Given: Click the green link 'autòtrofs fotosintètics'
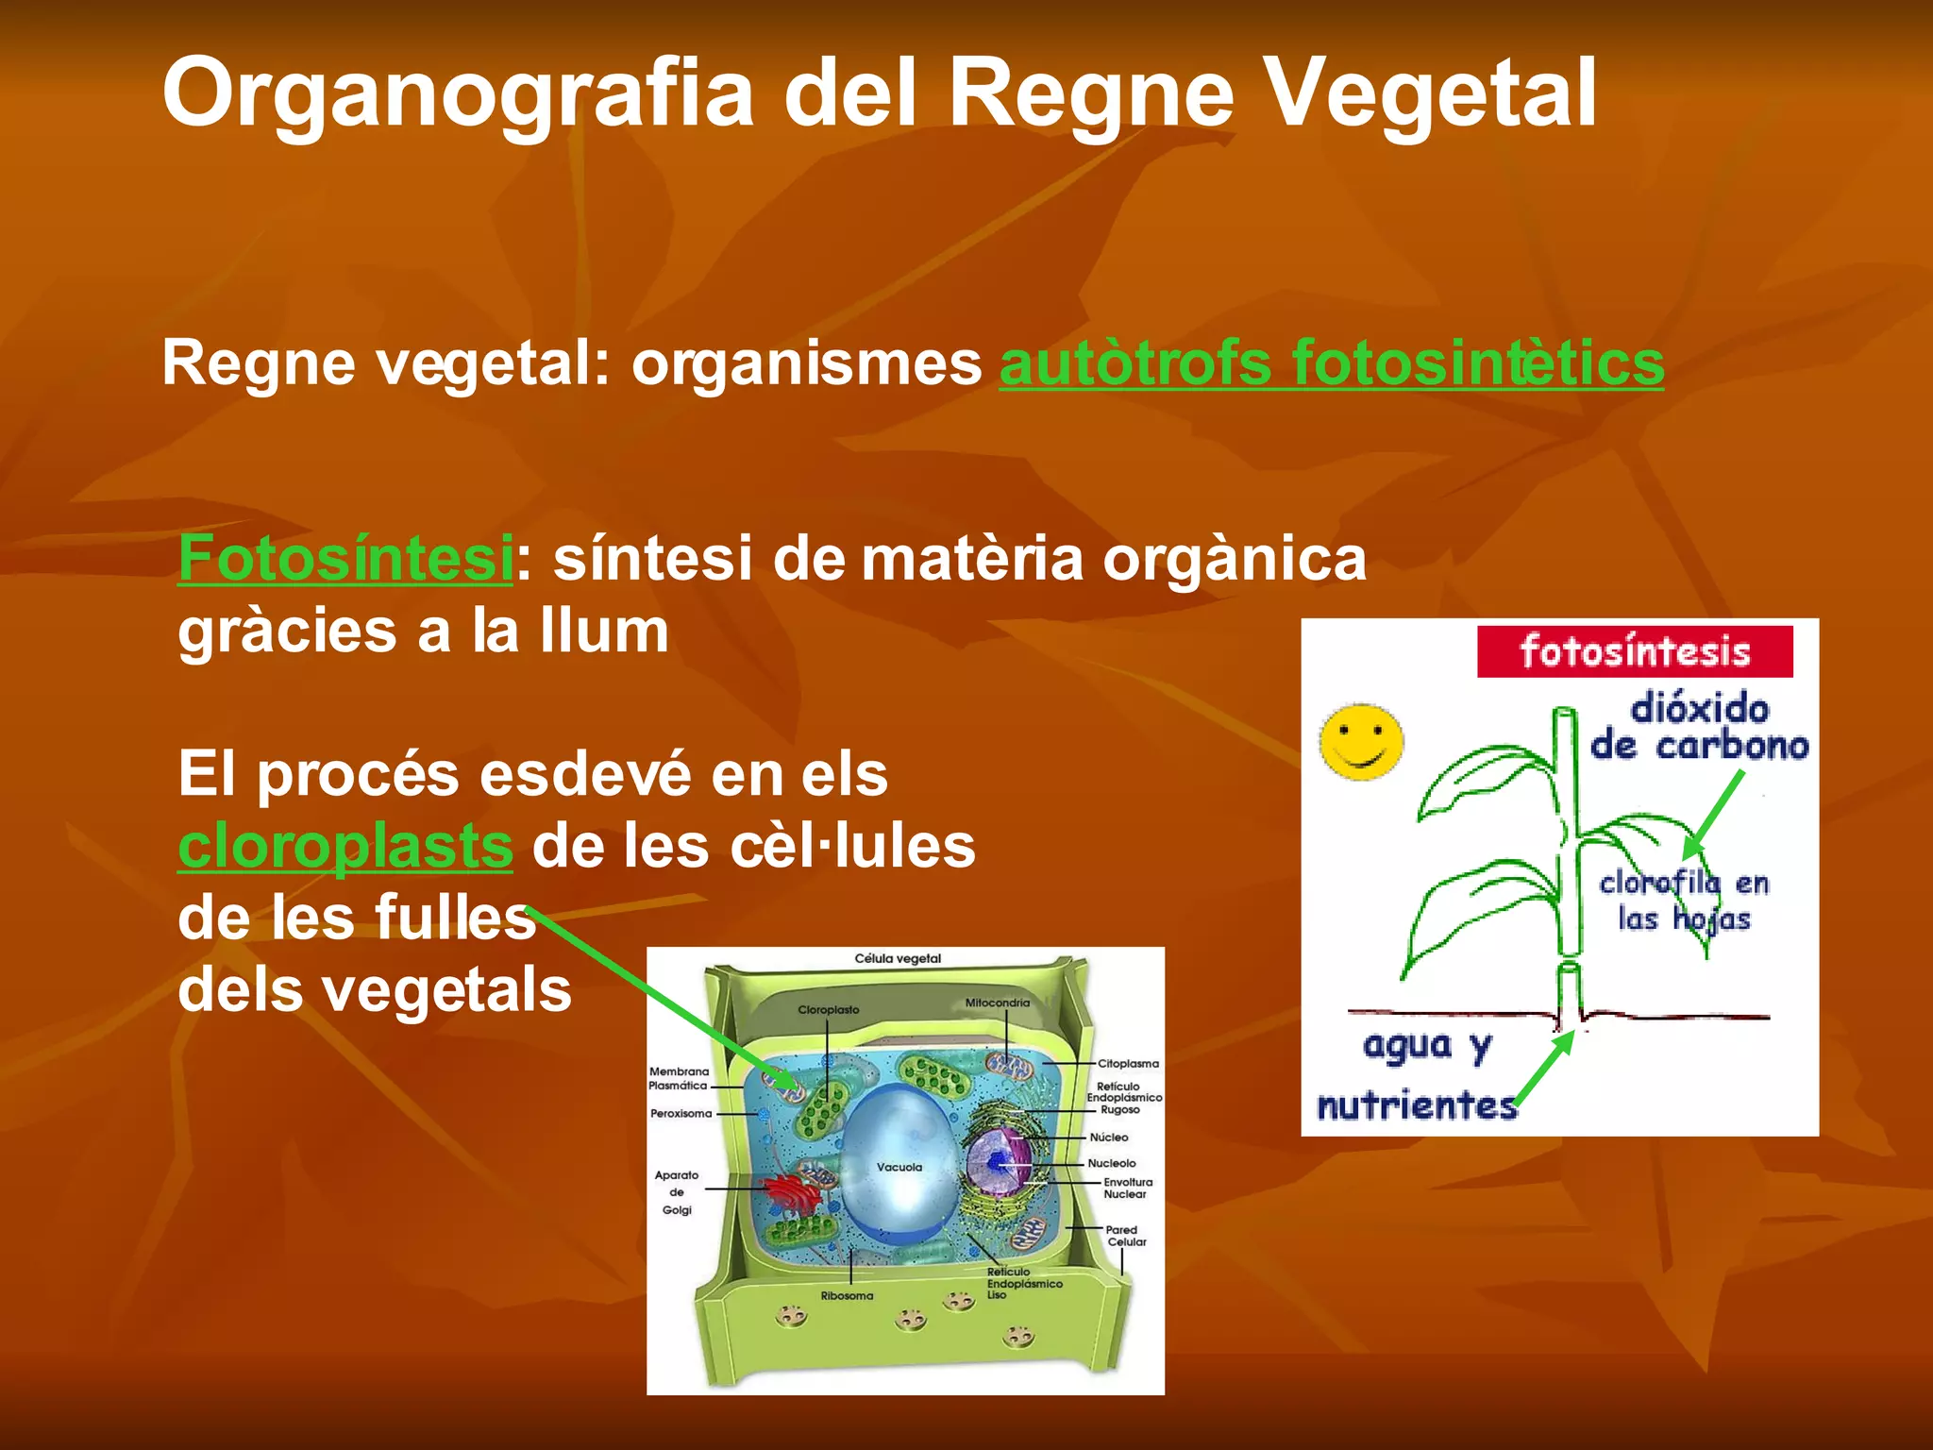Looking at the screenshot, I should pyautogui.click(x=1331, y=363).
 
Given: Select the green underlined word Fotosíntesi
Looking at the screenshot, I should pyautogui.click(x=345, y=558).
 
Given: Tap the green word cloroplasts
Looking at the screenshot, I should pyautogui.click(x=345, y=846).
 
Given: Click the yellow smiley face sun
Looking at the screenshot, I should pyautogui.click(x=1360, y=741).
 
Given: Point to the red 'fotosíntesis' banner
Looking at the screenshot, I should pyautogui.click(x=1634, y=651).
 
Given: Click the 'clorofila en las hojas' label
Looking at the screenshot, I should pyautogui.click(x=1683, y=901).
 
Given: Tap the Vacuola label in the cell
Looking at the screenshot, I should pyautogui.click(x=899, y=1168).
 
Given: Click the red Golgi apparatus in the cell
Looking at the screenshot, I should pyautogui.click(x=793, y=1194).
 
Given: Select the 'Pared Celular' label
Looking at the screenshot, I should pyautogui.click(x=1125, y=1236).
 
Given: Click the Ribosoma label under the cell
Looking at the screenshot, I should pyautogui.click(x=847, y=1296).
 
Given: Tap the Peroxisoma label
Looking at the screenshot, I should pyautogui.click(x=681, y=1114).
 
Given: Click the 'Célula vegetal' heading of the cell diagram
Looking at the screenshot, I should pyautogui.click(x=898, y=959).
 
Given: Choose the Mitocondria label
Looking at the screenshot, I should pyautogui.click(x=997, y=1003).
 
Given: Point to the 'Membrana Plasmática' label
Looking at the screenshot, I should pyautogui.click(x=678, y=1078).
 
